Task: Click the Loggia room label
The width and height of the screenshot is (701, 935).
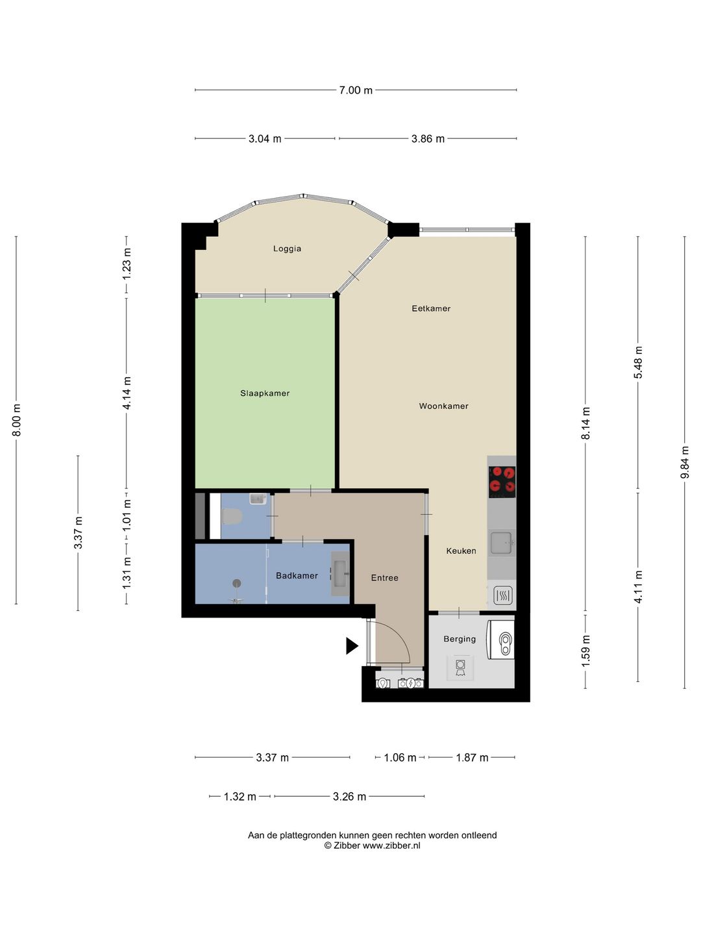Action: (288, 249)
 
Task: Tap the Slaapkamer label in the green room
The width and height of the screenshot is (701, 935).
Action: (265, 393)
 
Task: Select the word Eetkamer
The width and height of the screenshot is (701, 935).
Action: (431, 308)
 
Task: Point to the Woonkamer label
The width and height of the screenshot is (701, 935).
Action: (443, 406)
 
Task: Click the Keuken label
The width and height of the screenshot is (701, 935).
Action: (461, 551)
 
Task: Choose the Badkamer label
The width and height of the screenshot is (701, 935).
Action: (297, 575)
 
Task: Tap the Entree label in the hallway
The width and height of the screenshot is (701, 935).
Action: (384, 578)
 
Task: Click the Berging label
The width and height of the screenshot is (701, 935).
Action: (460, 638)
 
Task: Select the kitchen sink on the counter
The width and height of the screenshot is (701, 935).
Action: (501, 542)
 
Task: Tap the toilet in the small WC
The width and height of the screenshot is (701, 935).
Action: (232, 517)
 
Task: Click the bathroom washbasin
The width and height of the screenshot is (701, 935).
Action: (341, 573)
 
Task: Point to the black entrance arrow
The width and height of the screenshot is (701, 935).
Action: (352, 646)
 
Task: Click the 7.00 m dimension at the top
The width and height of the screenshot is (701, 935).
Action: (356, 90)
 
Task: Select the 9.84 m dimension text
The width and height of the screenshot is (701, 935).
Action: (684, 462)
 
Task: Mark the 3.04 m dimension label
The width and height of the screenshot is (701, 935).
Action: (265, 139)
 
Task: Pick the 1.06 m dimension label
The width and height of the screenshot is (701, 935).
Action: (400, 758)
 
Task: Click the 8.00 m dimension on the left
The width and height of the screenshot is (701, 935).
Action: (16, 419)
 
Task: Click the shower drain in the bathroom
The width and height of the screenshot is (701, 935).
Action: (237, 583)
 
